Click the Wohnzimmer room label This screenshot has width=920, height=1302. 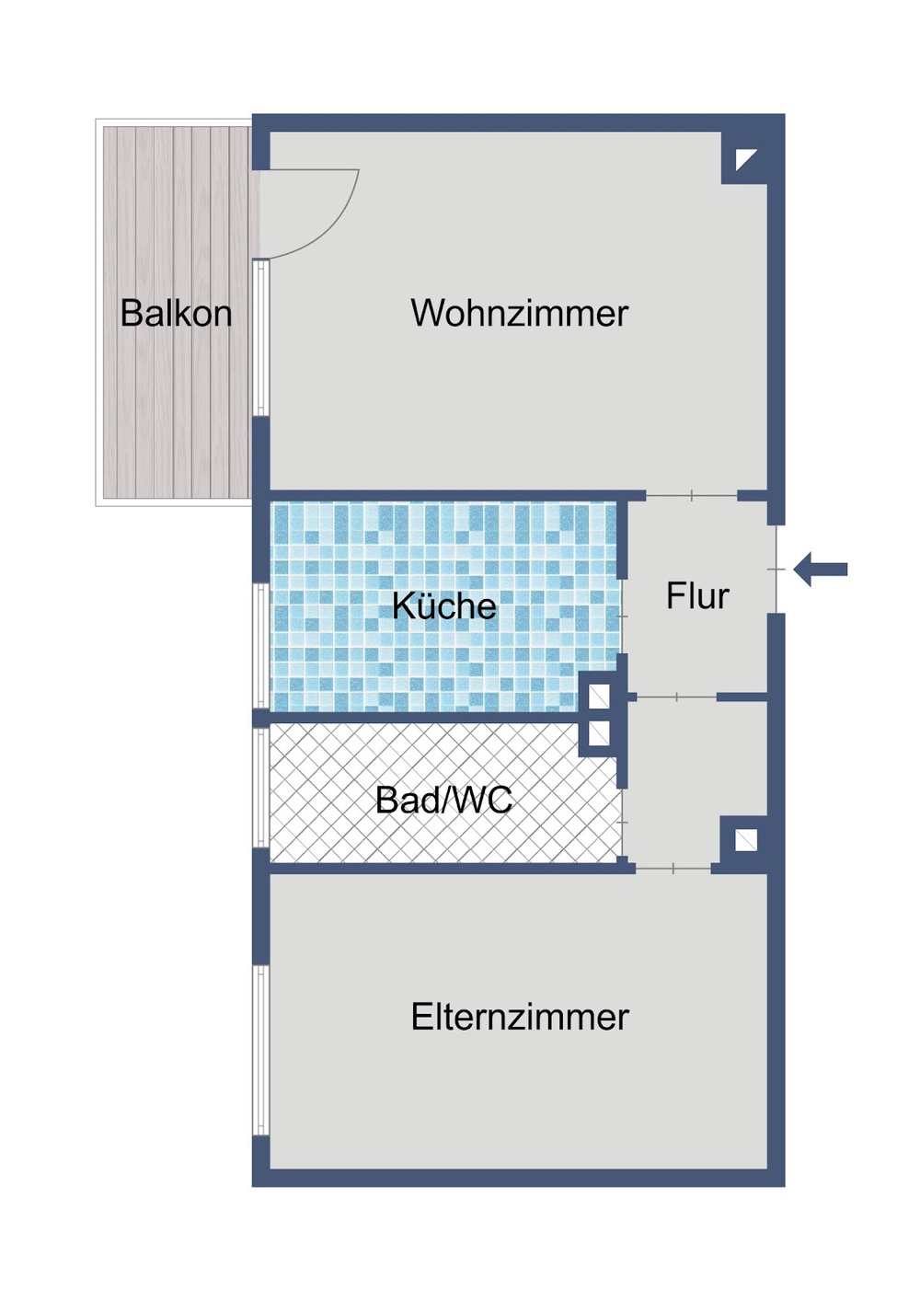(519, 314)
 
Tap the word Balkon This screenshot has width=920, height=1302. (176, 314)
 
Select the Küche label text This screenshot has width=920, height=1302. (444, 606)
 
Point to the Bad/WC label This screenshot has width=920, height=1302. (444, 801)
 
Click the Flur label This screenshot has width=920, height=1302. (697, 596)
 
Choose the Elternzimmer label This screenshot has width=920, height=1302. (520, 1018)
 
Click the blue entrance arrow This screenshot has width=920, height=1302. (820, 570)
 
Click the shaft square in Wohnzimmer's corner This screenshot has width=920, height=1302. (745, 159)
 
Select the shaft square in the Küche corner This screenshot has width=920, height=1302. (599, 696)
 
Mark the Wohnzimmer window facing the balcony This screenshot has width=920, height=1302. (261, 338)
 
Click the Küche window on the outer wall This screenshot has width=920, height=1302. (261, 646)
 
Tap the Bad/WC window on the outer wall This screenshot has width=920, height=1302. (261, 787)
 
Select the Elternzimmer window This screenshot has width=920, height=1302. (261, 1050)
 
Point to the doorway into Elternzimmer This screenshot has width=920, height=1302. (673, 869)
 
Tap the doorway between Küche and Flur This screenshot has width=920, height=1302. (624, 616)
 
